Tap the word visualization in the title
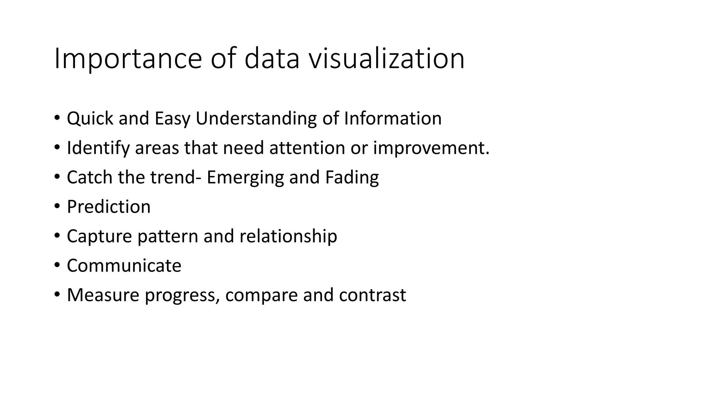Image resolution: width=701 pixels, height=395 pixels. point(386,59)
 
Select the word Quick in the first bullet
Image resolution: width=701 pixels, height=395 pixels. point(90,119)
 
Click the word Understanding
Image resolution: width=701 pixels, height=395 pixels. point(256,119)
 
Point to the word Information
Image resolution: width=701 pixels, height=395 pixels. point(393,119)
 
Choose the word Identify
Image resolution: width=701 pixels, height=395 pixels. point(98,148)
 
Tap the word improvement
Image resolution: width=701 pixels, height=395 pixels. point(431,148)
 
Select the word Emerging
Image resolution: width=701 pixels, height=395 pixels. point(245,178)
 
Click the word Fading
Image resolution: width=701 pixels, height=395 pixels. point(352,178)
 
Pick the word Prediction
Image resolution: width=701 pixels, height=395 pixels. point(109,207)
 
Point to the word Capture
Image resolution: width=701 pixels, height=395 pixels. point(99,236)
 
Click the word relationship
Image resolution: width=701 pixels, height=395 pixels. point(288,236)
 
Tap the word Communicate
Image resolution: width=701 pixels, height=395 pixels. point(124,266)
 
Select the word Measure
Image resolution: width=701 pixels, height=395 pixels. point(103,295)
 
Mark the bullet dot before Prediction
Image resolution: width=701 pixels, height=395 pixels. point(57,206)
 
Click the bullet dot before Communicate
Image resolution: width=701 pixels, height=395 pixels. point(57,265)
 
